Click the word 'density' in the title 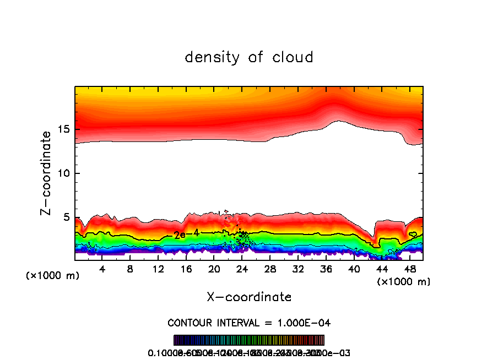coord(212,57)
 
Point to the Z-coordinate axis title coord(47,173)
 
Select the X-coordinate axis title coord(249,297)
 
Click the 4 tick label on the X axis coord(102,270)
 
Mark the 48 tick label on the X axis coord(410,270)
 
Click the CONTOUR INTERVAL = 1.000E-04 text coord(248,323)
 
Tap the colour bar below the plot coord(248,340)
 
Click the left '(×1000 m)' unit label coord(53,276)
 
